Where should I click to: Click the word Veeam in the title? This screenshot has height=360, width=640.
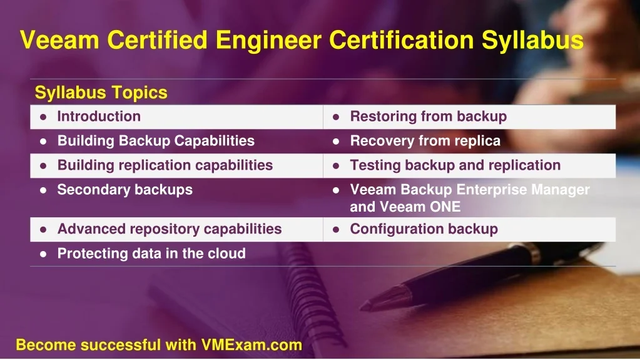tap(59, 40)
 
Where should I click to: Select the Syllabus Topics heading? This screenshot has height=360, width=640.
tap(101, 93)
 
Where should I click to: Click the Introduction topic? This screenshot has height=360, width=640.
tap(99, 116)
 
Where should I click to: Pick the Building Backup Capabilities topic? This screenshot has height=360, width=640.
tap(156, 141)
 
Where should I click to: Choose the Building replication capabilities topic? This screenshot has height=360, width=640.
tap(165, 165)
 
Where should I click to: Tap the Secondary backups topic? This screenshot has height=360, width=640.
tap(125, 190)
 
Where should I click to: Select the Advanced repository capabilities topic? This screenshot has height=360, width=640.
tap(170, 229)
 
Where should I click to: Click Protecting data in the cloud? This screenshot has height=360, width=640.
tap(151, 254)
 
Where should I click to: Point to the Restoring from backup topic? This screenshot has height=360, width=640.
tap(429, 116)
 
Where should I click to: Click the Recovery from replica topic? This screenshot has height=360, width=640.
tap(425, 141)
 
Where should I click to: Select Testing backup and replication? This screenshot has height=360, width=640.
tap(455, 165)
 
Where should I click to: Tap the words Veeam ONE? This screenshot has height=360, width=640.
tap(420, 207)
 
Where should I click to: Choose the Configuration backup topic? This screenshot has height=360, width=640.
tap(424, 229)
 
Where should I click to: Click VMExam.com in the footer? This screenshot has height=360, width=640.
tap(251, 345)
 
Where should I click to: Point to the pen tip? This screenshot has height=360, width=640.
tap(362, 306)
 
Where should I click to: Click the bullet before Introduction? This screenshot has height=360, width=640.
tap(43, 117)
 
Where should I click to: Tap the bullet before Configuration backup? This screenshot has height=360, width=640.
tap(336, 230)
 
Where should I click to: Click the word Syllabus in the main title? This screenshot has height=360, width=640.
tap(532, 41)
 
